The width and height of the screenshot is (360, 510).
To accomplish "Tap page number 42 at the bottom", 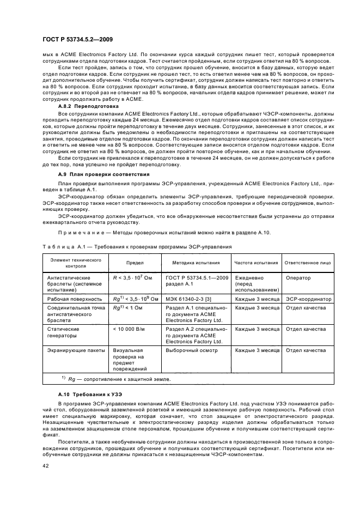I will click(x=46, y=465).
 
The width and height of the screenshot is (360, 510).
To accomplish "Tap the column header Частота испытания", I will click(x=256, y=262).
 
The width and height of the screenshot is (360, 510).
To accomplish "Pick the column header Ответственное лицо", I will click(x=308, y=262).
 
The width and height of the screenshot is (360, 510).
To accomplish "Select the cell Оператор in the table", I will click(x=298, y=277).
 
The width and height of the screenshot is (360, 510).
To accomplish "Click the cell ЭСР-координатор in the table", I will click(x=308, y=299).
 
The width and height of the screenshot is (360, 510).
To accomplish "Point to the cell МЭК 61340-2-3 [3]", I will click(x=188, y=299).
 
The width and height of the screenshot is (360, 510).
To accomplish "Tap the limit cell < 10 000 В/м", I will click(x=129, y=329).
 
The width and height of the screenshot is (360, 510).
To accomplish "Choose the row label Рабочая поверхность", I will click(x=75, y=299).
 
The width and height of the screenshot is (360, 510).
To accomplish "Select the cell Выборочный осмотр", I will click(x=191, y=350).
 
